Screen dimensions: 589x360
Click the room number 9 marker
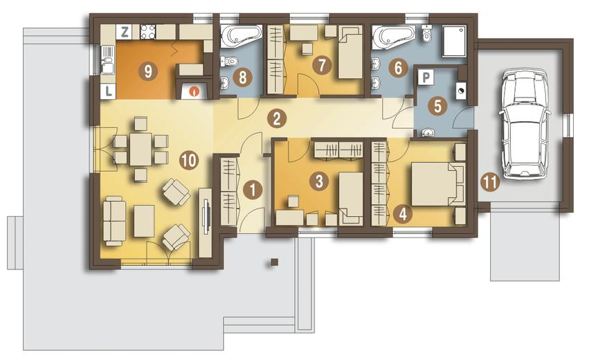(x=148, y=71)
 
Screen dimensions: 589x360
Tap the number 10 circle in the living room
(x=188, y=161)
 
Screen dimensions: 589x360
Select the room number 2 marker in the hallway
(x=277, y=119)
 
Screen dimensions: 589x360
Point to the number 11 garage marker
(x=489, y=183)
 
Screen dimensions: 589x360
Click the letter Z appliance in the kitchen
(x=125, y=32)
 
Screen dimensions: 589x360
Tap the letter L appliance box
(x=109, y=91)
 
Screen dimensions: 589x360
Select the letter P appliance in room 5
(x=426, y=78)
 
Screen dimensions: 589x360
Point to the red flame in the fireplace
(x=194, y=91)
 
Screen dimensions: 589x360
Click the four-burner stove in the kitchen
(x=147, y=32)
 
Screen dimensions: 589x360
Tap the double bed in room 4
(x=438, y=183)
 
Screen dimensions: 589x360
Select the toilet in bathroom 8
(x=229, y=60)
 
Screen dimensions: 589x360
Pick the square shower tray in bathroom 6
(x=454, y=41)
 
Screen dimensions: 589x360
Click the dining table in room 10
(x=141, y=149)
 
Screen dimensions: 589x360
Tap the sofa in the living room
(x=114, y=221)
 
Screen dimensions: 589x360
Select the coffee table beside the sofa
(x=144, y=221)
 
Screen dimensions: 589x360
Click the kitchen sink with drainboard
(x=107, y=60)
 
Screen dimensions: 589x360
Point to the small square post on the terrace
(x=275, y=262)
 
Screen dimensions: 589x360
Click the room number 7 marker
(x=322, y=65)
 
